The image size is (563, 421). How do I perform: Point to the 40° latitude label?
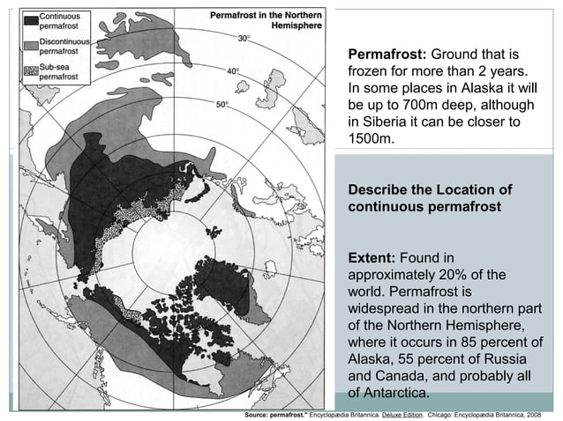234,70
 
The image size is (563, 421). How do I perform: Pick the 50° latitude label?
222,104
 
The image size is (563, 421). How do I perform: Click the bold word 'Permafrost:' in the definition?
387,55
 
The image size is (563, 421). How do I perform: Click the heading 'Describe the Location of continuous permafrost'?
430,198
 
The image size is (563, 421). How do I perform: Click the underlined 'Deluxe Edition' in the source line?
404,412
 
